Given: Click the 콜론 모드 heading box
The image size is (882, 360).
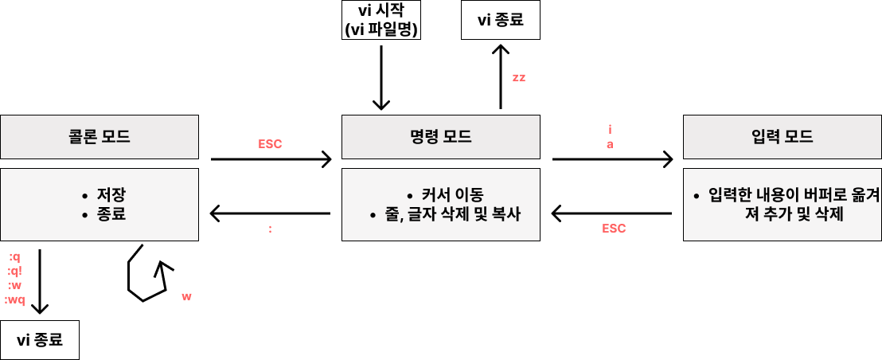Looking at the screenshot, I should pos(99,136).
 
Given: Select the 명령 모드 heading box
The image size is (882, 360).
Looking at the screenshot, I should pos(440,136).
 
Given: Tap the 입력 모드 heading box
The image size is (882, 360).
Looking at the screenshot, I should pos(782,136).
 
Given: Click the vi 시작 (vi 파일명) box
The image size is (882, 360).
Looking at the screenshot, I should pos(381,20).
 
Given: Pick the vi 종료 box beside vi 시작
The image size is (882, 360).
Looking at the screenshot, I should pos(500,20).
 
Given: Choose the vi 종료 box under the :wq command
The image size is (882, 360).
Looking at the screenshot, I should pos(40,340).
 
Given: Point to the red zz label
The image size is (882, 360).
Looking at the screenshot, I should pos(519,78).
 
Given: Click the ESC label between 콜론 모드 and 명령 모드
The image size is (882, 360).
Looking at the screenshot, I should pos(270,145).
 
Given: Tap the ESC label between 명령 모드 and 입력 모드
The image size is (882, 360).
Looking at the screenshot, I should pos(614,229).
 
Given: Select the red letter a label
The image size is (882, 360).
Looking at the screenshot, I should pos(610,145).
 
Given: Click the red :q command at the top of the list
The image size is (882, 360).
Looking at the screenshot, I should pos(15,257).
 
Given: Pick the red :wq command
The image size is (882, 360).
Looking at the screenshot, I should pos(15,300).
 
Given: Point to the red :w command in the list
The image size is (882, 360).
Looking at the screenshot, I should pos(15,286).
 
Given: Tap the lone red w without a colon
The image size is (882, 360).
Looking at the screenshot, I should pos(186,297).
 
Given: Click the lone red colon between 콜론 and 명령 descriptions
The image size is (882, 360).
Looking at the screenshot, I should pos(271,229).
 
